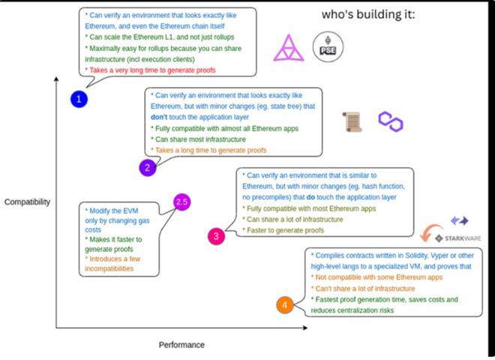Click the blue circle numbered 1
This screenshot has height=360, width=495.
(x=79, y=99)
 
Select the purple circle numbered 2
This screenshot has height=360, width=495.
(x=147, y=167)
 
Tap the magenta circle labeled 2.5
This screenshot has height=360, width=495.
(x=181, y=202)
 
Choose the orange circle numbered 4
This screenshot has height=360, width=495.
(x=285, y=304)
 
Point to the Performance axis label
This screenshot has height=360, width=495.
(x=181, y=344)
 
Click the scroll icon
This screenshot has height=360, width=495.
(x=350, y=121)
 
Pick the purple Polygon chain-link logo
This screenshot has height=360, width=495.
(x=390, y=119)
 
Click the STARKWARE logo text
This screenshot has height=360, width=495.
(x=463, y=238)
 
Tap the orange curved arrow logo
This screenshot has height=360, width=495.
(x=432, y=231)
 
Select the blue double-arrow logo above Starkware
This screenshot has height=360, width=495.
(x=460, y=220)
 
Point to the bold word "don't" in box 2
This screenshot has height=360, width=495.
(x=160, y=117)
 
